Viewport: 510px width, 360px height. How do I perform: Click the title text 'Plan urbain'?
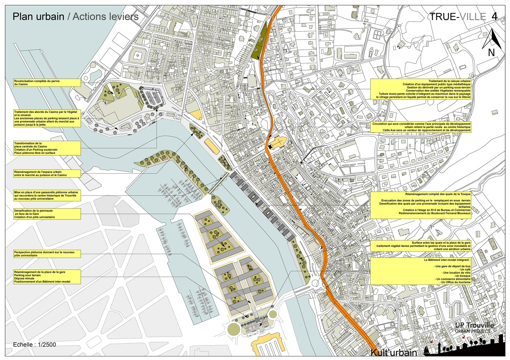[38, 16]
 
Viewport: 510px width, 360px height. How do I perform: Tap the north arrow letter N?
[491, 53]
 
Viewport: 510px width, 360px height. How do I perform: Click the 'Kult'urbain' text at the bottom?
[394, 353]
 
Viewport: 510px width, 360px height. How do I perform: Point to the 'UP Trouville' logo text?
[474, 326]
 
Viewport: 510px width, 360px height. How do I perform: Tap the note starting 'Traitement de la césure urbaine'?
[420, 89]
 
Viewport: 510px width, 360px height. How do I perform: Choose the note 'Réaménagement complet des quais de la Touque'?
[420, 204]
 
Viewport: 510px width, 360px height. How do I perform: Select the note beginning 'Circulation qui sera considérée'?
[420, 127]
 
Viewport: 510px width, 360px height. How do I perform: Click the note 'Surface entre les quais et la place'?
[420, 246]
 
